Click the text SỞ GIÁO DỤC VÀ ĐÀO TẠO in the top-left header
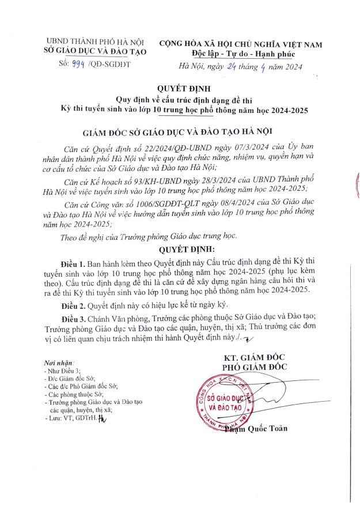[95, 52]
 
